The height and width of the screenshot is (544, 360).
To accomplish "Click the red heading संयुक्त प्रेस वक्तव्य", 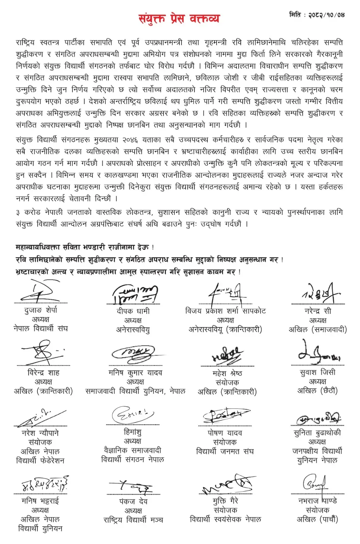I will [179, 18].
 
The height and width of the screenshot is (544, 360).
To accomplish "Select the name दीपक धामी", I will [133, 311].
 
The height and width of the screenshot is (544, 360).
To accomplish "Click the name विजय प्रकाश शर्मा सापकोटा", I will [225, 311].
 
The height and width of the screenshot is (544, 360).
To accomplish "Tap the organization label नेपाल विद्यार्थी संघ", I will [41, 328].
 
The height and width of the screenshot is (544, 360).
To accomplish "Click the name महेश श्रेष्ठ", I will [227, 373].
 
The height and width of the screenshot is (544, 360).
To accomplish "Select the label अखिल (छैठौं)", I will [318, 391].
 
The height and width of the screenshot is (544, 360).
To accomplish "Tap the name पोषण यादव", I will [225, 433].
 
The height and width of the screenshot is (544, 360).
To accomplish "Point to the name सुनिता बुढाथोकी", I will [317, 433].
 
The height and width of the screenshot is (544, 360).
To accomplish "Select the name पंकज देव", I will [133, 501].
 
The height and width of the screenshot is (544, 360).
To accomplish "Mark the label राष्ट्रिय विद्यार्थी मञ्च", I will [133, 520].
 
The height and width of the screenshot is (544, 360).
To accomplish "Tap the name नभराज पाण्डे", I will [318, 501].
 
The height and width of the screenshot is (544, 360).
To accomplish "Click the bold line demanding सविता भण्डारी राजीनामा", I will [85, 247].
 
